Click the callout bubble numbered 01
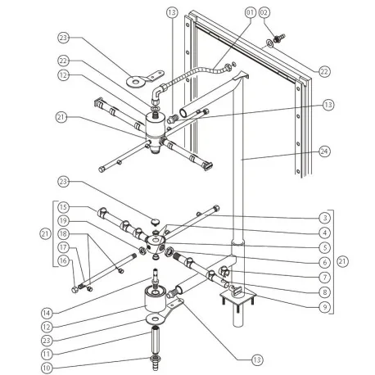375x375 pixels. coord(249,14)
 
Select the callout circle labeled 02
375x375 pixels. coord(264,14)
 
